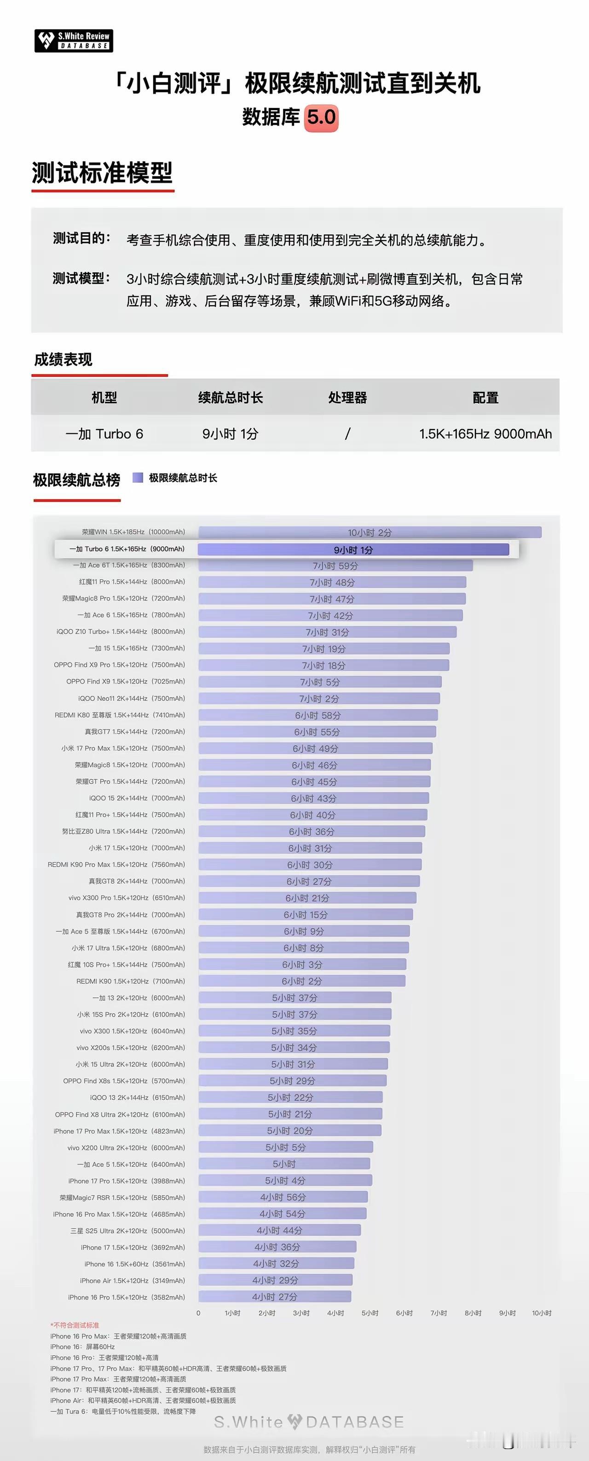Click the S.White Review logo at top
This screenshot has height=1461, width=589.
pyautogui.click(x=74, y=41)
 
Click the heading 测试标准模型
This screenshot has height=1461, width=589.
pyautogui.click(x=102, y=172)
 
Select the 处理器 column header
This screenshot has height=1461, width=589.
pyautogui.click(x=347, y=398)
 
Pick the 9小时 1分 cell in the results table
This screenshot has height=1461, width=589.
pyautogui.click(x=231, y=434)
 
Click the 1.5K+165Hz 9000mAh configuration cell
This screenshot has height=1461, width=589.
pyautogui.click(x=485, y=434)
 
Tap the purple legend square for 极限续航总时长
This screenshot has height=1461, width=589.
pyautogui.click(x=137, y=478)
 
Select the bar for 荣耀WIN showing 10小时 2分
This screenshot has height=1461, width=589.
pyautogui.click(x=370, y=532)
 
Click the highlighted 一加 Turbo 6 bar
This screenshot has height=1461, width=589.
pyautogui.click(x=353, y=549)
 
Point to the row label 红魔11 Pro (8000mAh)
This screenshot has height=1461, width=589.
pyautogui.click(x=132, y=582)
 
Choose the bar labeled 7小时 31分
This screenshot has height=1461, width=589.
pyautogui.click(x=328, y=632)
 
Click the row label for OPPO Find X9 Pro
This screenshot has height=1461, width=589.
pyautogui.click(x=119, y=665)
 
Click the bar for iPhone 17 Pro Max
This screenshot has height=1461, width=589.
pyautogui.click(x=289, y=1131)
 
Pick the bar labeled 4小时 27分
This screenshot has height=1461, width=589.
pyautogui.click(x=275, y=1297)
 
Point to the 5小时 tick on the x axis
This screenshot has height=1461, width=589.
pyautogui.click(x=370, y=1313)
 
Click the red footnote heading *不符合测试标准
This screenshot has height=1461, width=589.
pyautogui.click(x=75, y=1325)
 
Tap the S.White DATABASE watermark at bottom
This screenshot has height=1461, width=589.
pyautogui.click(x=309, y=1422)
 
